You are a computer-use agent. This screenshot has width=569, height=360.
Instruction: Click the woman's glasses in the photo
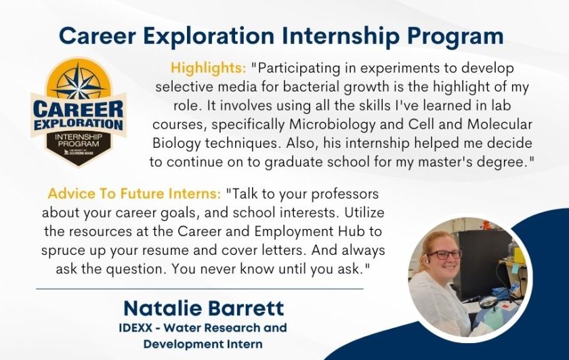tap(444, 254)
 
